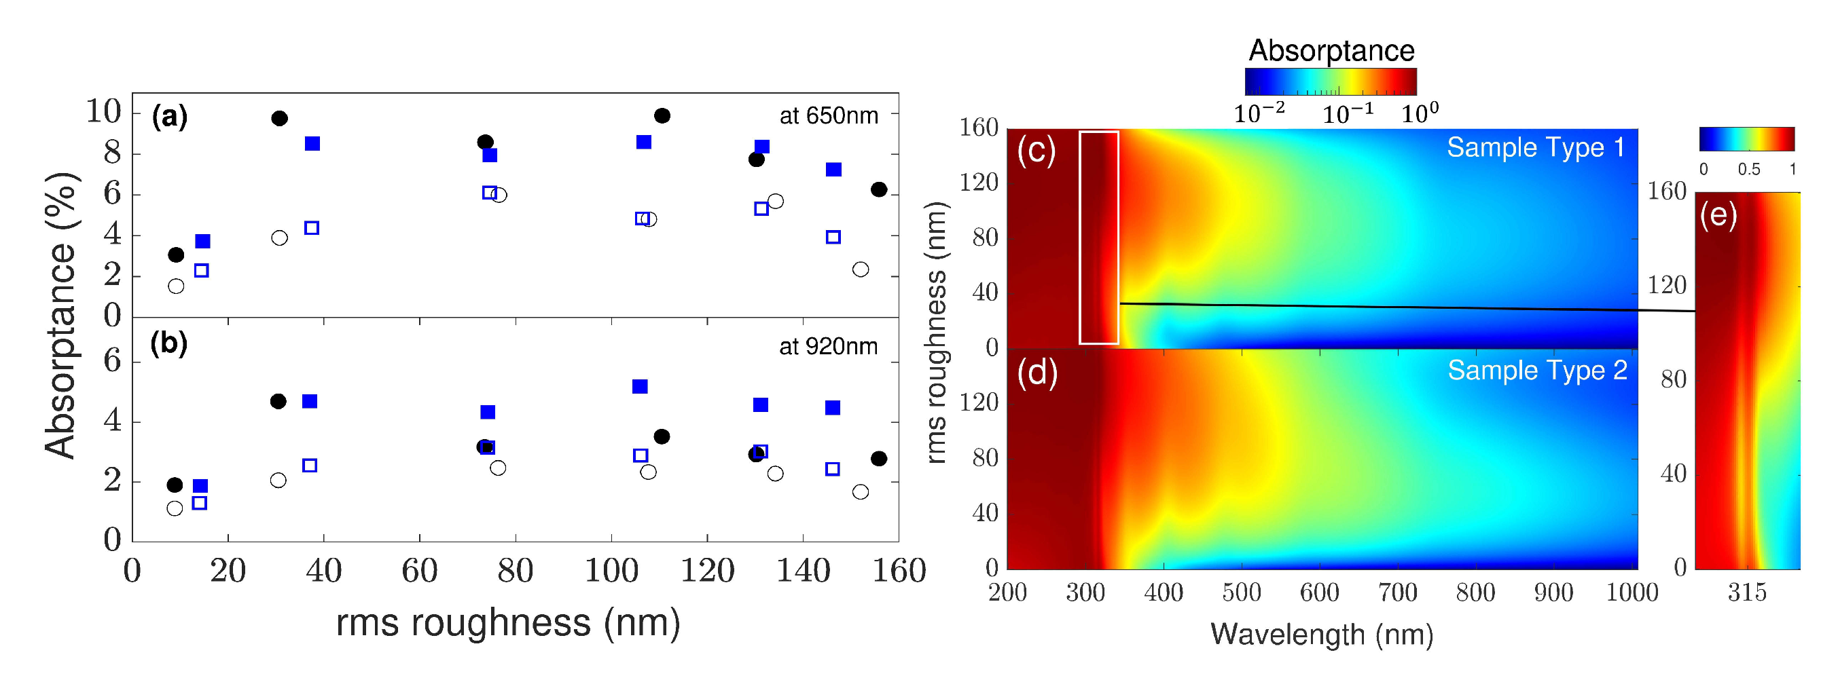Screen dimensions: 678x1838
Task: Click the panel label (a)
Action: pos(169,116)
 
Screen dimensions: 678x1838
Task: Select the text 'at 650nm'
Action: pos(829,115)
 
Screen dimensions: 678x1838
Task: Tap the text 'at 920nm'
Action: pos(828,347)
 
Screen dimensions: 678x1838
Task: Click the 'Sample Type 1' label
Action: pos(1536,147)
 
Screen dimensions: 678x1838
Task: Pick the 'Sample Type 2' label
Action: pos(1537,371)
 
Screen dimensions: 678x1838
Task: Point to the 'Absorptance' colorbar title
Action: pos(1331,51)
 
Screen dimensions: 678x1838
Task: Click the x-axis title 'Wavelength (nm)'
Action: pos(1321,634)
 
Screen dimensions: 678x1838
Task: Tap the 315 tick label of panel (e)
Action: pos(1747,592)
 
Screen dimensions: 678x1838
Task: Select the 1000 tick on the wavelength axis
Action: pos(1632,592)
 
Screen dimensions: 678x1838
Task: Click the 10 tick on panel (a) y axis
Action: pos(103,111)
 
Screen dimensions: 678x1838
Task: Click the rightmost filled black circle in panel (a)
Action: pos(879,189)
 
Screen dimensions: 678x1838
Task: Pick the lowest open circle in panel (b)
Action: pos(175,508)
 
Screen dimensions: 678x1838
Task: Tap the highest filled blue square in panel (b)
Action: pos(640,386)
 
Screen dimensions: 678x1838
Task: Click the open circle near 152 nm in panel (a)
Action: pos(861,269)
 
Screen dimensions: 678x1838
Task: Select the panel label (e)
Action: pos(1718,214)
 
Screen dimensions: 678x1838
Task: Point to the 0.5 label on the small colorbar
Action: pos(1748,170)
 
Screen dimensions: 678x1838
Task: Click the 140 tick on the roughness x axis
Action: pos(803,571)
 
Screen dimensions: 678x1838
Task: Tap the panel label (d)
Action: pos(1037,373)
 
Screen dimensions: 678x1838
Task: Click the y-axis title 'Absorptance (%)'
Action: pos(60,315)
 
